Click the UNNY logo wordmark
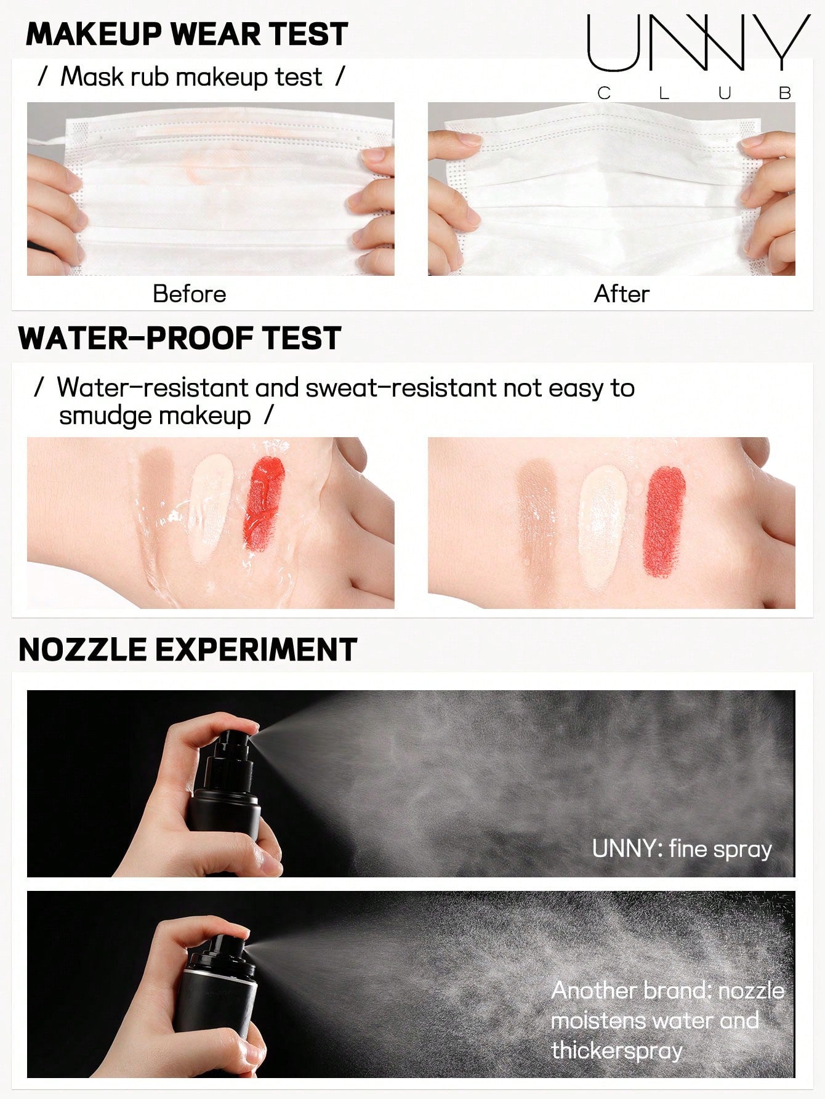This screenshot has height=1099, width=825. coord(699,42)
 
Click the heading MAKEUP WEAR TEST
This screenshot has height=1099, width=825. coord(187,34)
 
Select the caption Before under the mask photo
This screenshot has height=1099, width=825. coord(189,294)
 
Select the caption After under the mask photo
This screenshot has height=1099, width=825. coord(621,294)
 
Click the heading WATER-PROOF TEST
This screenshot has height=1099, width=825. coord(180,338)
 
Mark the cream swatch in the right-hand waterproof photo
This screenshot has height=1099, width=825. coord(603,521)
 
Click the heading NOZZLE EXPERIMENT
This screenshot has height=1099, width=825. coord(188,650)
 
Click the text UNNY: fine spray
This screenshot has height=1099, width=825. coord(682,848)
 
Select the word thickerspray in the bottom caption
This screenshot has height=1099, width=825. coord(617,1050)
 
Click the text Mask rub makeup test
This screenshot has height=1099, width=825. coord(191,77)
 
